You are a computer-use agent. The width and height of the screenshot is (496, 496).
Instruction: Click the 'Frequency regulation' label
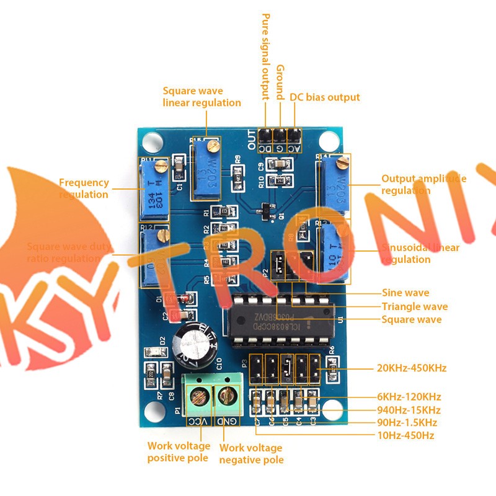coord(84,188)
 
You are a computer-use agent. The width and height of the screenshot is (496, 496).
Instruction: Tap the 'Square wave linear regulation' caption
coord(201,97)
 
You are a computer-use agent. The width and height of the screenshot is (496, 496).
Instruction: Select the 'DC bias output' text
coord(324,97)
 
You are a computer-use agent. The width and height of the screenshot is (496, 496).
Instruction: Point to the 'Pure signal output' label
coord(265,56)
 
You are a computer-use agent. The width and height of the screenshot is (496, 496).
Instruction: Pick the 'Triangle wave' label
coord(414,306)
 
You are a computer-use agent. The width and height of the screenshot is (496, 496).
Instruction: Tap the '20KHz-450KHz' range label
coord(411,368)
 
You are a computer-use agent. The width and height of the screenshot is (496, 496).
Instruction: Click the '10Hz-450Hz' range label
coord(405,435)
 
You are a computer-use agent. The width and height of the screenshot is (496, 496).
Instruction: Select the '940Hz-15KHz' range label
coord(409,410)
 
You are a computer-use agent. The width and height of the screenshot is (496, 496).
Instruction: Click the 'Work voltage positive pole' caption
coord(177,452)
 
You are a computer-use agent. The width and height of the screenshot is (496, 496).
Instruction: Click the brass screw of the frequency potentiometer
coord(161,165)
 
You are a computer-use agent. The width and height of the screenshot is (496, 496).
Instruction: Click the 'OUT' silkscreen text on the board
coord(250,140)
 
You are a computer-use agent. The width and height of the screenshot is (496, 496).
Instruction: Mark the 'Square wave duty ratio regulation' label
coord(69,252)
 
